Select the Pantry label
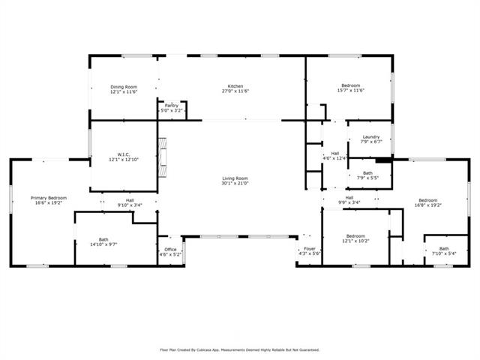(x=172, y=106)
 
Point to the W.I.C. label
(x=124, y=155)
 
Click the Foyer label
(x=309, y=248)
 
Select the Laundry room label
(x=370, y=136)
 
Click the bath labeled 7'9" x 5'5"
(x=367, y=173)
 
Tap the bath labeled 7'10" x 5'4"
(x=444, y=248)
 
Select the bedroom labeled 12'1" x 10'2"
(x=355, y=236)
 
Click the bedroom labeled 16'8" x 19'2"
(x=427, y=200)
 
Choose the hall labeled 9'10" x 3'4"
(x=130, y=200)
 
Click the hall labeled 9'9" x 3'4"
(x=349, y=197)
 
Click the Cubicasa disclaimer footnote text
(x=240, y=349)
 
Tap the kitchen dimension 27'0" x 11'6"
(x=235, y=91)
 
